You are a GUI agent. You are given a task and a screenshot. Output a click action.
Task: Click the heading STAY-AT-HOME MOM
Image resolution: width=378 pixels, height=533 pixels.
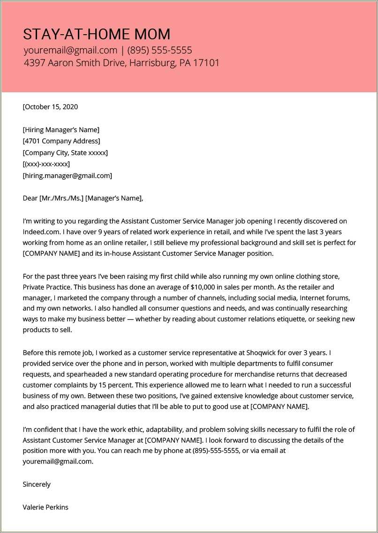click(97, 34)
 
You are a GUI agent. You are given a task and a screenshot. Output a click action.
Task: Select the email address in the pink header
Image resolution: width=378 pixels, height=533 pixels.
click(70, 51)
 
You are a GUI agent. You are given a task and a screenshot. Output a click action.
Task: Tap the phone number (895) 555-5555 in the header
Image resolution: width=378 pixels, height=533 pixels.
click(159, 51)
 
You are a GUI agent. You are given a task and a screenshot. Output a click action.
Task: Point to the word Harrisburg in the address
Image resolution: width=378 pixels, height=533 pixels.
click(151, 63)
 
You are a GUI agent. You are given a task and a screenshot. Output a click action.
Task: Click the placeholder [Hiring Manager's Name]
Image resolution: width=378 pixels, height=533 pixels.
click(61, 130)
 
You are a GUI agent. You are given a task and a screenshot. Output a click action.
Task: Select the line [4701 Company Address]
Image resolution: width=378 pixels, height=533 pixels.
click(61, 141)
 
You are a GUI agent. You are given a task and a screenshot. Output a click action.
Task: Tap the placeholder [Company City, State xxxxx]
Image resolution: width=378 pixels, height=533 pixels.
click(65, 153)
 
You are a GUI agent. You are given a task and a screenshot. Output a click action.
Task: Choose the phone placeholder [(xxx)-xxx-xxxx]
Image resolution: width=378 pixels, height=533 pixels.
click(46, 164)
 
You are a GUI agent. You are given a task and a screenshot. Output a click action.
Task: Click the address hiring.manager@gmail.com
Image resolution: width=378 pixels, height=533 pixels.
click(68, 176)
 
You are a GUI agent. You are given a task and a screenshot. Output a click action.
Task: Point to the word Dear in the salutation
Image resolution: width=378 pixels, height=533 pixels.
click(30, 198)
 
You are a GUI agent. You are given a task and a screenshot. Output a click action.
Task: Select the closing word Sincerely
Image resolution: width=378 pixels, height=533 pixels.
click(37, 484)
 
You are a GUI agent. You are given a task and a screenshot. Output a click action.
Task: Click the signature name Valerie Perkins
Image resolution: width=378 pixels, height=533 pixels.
click(45, 507)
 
